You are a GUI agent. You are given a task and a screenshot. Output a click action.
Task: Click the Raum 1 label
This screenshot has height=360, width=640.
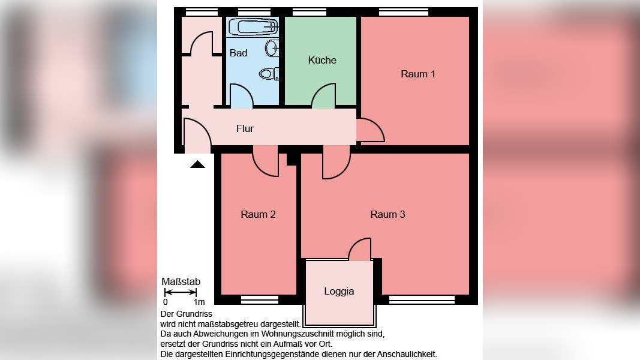(x=418, y=74)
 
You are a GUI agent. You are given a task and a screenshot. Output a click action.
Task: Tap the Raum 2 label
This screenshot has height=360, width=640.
(x=258, y=214)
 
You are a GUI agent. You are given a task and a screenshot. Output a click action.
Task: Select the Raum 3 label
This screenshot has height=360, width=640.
(x=387, y=214)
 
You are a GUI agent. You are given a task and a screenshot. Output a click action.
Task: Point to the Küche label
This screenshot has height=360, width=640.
(x=322, y=60)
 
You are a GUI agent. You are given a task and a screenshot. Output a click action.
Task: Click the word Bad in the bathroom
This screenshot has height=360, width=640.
(x=238, y=53)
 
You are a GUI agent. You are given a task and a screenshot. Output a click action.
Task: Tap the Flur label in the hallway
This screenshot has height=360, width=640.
(x=245, y=128)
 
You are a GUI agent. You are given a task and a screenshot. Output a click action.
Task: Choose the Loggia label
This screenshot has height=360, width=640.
(x=339, y=291)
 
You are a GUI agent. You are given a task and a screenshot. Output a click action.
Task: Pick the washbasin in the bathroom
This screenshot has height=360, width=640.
(x=272, y=47)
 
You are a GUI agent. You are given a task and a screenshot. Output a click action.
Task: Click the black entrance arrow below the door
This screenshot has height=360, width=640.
(x=197, y=163)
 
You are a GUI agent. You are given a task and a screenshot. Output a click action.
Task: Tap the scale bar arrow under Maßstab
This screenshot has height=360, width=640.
(x=181, y=292)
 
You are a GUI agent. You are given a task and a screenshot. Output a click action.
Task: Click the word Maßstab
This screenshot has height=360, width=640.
(x=181, y=281)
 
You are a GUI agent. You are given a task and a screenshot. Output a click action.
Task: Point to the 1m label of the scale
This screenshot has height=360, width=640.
(x=199, y=302)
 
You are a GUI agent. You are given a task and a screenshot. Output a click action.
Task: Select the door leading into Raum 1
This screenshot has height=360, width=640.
(x=369, y=131)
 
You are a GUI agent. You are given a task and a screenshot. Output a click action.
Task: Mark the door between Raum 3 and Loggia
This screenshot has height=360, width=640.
(x=360, y=249)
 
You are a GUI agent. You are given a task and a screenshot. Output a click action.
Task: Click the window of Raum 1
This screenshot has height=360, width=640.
(x=403, y=11)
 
